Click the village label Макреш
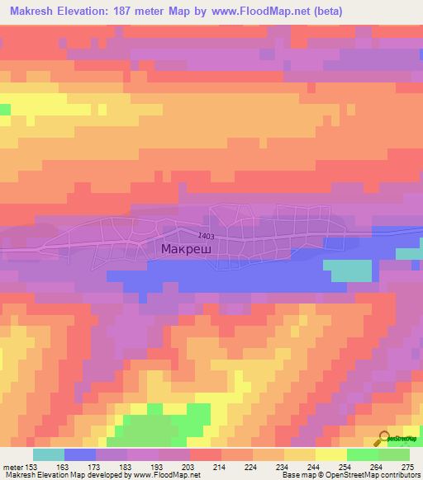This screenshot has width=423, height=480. click(187, 248)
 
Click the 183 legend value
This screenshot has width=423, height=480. click(125, 467)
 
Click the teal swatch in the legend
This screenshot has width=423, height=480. click(49, 454)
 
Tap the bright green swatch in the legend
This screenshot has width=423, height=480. click(363, 454)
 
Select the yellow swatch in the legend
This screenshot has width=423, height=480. click(331, 454)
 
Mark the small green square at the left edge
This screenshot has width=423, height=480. click(5, 110)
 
